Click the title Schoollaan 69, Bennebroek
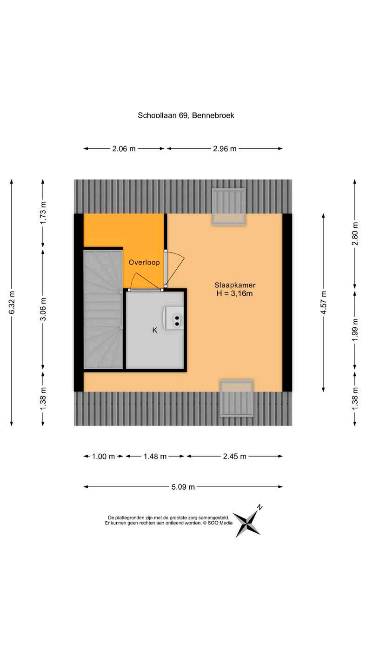coord(186,115)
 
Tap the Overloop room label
coord(144,262)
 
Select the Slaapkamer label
coord(235,285)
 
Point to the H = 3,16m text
coord(235,293)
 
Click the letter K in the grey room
coord(155,330)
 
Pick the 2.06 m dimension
coord(124,149)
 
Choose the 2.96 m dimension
coord(225,149)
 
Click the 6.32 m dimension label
coord(12,302)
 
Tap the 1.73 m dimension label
coord(43,213)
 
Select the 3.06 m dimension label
coord(43,309)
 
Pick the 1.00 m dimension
coord(103,457)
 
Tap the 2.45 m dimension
coord(234,457)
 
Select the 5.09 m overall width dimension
coord(183,487)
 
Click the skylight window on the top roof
coord(228,206)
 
